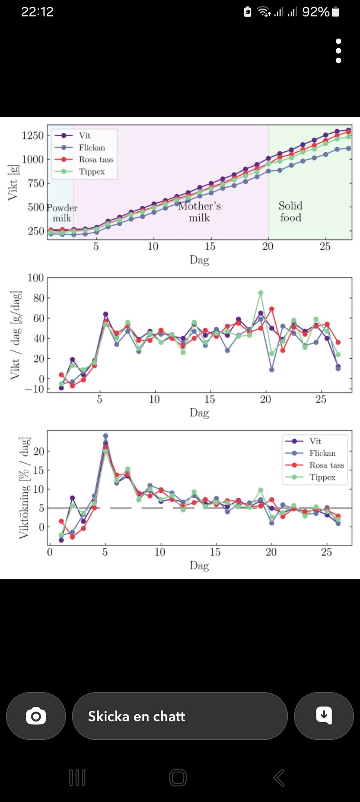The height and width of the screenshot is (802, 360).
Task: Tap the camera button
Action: (36, 716)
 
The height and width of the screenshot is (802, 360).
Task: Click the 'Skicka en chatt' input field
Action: (180, 716)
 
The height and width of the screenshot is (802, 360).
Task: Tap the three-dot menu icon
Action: (338, 51)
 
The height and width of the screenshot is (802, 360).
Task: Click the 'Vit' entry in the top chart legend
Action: (85, 136)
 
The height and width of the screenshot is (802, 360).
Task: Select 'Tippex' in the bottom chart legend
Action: (322, 477)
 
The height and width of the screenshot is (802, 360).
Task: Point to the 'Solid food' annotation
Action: (291, 212)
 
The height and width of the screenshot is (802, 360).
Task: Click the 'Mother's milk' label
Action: (199, 212)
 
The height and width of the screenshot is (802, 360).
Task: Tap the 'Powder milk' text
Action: (62, 213)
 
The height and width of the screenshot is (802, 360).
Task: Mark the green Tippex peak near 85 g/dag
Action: (261, 293)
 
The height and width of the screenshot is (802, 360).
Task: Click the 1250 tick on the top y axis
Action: (33, 136)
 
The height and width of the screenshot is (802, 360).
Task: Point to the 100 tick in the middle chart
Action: (36, 278)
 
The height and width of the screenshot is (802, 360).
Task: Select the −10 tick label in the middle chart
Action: (34, 389)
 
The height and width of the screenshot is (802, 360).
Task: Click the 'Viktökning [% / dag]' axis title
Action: (24, 488)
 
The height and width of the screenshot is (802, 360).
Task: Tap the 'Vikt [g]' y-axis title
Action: (13, 183)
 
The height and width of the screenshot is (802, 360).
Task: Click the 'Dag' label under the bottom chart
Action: (199, 565)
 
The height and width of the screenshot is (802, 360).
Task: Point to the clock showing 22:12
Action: (37, 12)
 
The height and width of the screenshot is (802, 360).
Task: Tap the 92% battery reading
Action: (316, 12)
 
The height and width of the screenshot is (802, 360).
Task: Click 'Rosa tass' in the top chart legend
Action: (96, 160)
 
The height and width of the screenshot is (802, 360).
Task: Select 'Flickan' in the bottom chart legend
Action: (322, 453)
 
